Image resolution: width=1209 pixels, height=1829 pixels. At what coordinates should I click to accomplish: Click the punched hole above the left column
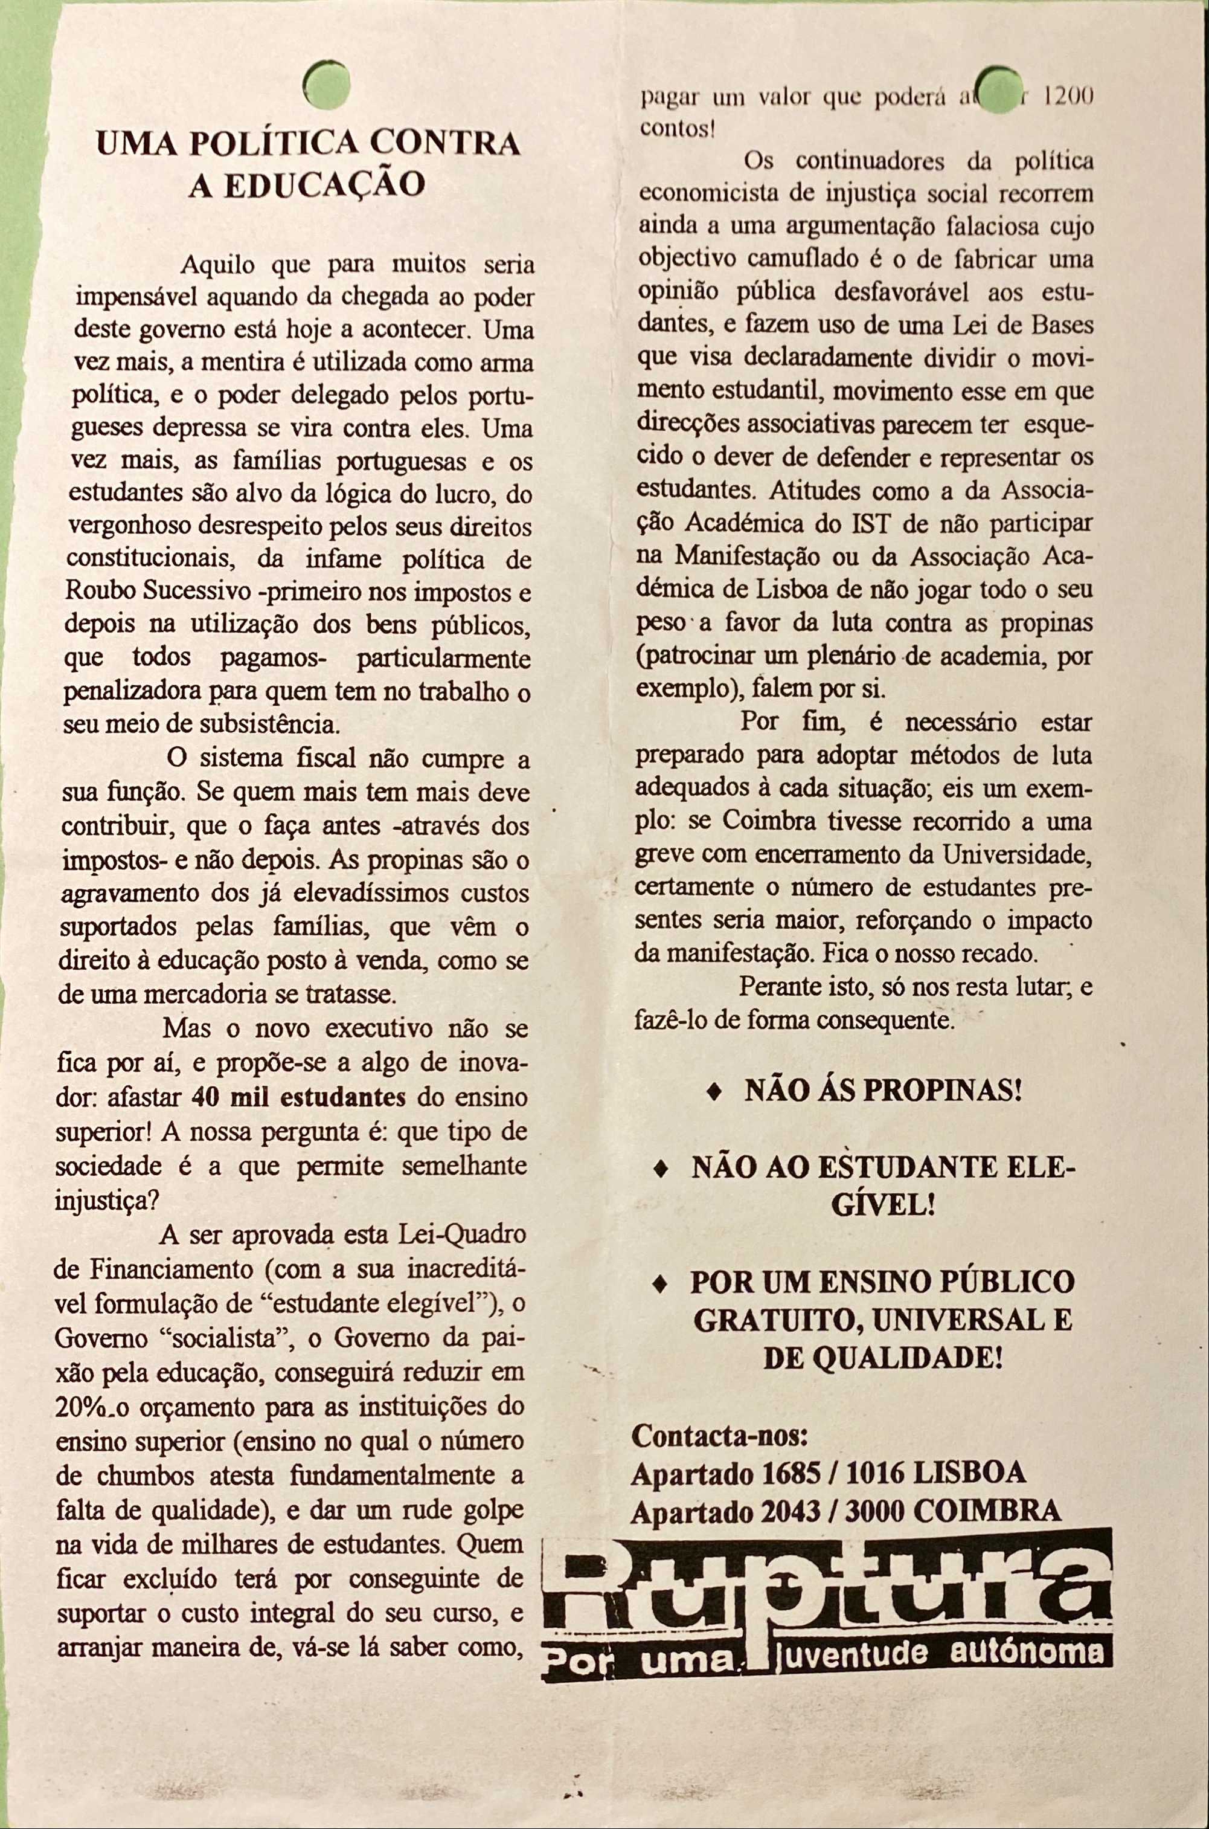(x=327, y=84)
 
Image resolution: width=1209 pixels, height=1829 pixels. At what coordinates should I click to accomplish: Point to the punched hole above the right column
(x=998, y=90)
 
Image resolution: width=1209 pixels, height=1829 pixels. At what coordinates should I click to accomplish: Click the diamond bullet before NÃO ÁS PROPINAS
(x=715, y=1092)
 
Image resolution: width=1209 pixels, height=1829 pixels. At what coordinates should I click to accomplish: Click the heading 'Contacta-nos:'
(x=719, y=1436)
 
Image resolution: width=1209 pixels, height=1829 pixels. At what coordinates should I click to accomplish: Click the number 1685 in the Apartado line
(x=790, y=1473)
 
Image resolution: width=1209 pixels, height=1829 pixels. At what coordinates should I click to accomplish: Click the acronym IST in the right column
(x=871, y=524)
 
